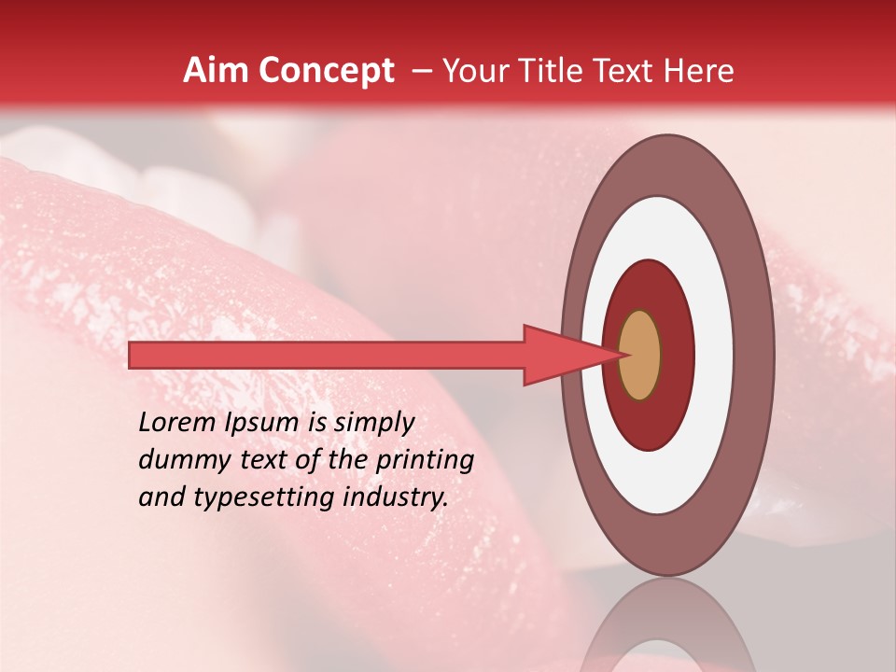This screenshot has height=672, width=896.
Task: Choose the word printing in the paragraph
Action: coord(426,461)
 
